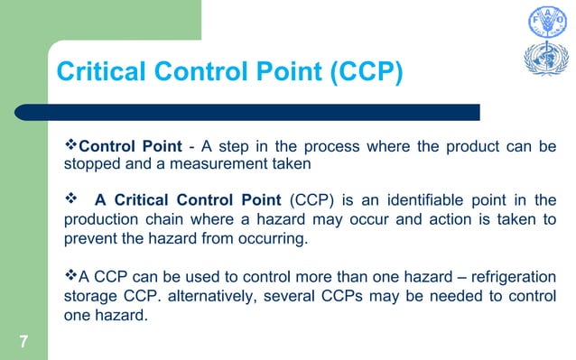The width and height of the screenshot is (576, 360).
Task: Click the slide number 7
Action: (24, 340)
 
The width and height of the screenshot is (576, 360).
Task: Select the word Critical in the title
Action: (100, 72)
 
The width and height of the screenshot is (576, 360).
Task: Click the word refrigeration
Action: (510, 275)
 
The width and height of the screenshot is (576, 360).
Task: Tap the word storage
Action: (88, 295)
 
